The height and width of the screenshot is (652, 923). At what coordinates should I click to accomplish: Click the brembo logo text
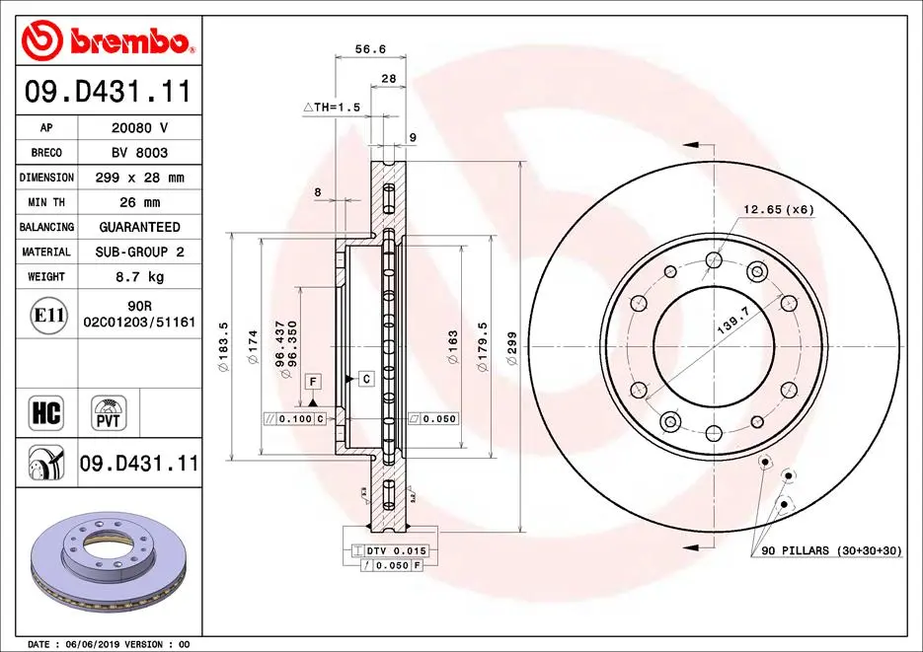126,41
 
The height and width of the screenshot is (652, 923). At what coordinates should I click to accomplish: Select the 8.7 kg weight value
139,277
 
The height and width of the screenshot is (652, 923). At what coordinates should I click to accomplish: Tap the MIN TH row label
46,202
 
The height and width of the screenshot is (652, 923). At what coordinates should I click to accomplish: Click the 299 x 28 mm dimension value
139,178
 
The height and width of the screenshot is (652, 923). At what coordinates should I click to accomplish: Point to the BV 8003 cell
139,153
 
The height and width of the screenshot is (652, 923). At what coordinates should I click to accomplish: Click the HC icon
47,412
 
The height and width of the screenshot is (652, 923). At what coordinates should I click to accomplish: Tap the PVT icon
109,412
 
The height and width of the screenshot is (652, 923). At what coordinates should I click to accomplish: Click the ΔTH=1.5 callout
331,107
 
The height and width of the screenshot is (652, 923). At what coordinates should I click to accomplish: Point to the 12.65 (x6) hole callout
779,208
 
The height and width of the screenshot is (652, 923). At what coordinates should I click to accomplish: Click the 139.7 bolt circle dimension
732,323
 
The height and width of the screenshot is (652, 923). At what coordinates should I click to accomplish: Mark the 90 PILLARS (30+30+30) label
831,549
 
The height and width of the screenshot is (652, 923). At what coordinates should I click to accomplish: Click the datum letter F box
312,381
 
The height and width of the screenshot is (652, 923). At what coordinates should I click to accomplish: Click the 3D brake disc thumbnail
106,562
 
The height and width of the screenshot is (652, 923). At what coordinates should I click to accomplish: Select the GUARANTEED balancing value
139,227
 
